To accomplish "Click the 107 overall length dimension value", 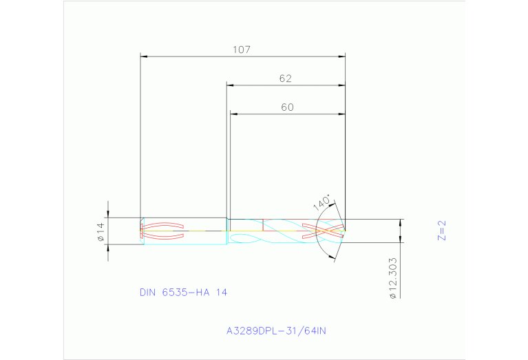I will (241, 50).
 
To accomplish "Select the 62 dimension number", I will (286, 78).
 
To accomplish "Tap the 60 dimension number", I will (287, 107).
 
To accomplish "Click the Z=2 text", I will (443, 230).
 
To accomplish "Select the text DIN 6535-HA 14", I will (183, 292).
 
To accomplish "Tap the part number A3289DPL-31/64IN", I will (276, 330).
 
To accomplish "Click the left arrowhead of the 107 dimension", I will (144, 56).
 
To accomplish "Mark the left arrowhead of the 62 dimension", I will (231, 85).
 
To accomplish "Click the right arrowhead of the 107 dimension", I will (341, 56).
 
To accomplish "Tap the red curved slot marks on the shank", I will (162, 231).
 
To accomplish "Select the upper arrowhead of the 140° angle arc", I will (335, 204).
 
